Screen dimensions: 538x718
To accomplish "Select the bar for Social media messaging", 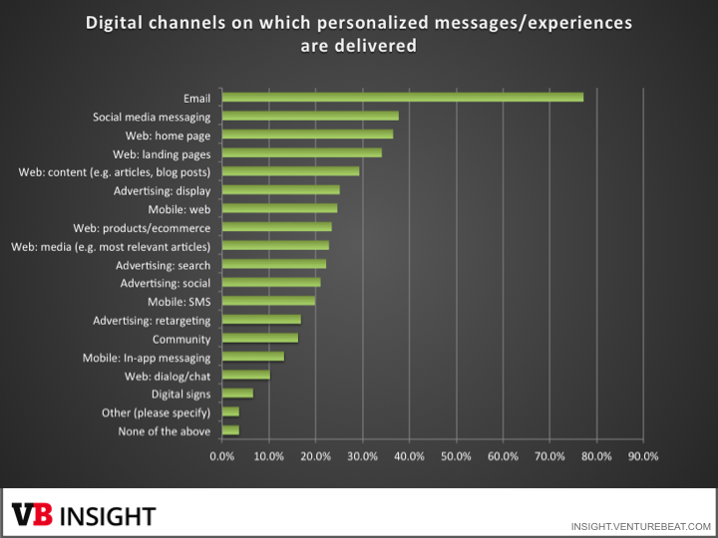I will (310, 116).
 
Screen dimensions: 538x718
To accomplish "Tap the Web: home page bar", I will (307, 134).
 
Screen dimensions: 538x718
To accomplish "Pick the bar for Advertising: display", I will (280, 190).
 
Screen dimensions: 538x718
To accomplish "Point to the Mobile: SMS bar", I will (268, 301).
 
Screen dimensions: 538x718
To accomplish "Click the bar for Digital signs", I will (237, 394).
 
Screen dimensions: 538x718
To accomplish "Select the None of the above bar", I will (230, 430).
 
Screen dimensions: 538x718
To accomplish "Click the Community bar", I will (259, 338).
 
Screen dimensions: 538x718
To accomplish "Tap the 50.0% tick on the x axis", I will (456, 456).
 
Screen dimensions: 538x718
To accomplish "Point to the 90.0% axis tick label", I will (643, 456).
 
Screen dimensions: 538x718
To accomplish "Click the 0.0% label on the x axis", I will (222, 456).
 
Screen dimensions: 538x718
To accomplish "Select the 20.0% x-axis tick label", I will (316, 456).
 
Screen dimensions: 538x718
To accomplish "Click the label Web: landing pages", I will (162, 153).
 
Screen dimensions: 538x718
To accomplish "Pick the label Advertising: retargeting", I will (152, 320).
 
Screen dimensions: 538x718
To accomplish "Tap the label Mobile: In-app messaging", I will (146, 357).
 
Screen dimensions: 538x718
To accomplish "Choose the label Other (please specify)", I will (156, 412).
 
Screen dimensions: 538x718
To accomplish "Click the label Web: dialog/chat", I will (167, 376).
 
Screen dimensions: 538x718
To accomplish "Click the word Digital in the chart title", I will (116, 22).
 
